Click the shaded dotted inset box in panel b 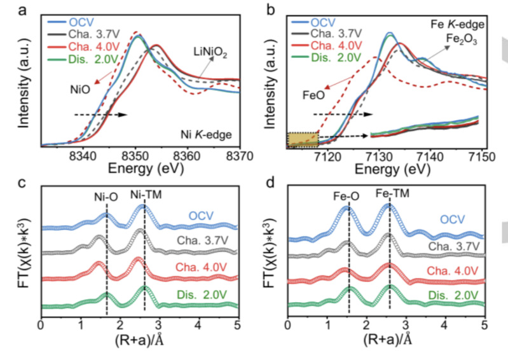coord(302,139)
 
